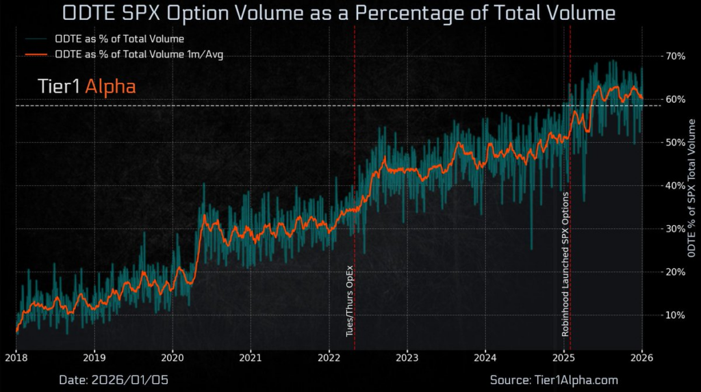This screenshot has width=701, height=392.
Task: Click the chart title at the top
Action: (339, 13)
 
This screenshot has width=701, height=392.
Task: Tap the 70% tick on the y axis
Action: (676, 56)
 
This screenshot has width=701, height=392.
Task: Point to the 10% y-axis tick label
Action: (676, 315)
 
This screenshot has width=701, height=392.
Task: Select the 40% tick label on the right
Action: (676, 185)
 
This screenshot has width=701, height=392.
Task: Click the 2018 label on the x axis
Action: (16, 357)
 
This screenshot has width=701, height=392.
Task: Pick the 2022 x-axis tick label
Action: (329, 357)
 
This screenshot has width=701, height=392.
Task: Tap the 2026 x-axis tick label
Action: (642, 357)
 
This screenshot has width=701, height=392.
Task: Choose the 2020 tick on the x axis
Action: (173, 357)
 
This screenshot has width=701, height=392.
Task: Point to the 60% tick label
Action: (676, 99)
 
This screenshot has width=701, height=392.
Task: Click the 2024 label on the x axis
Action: (485, 357)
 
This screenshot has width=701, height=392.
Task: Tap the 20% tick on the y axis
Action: (676, 272)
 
